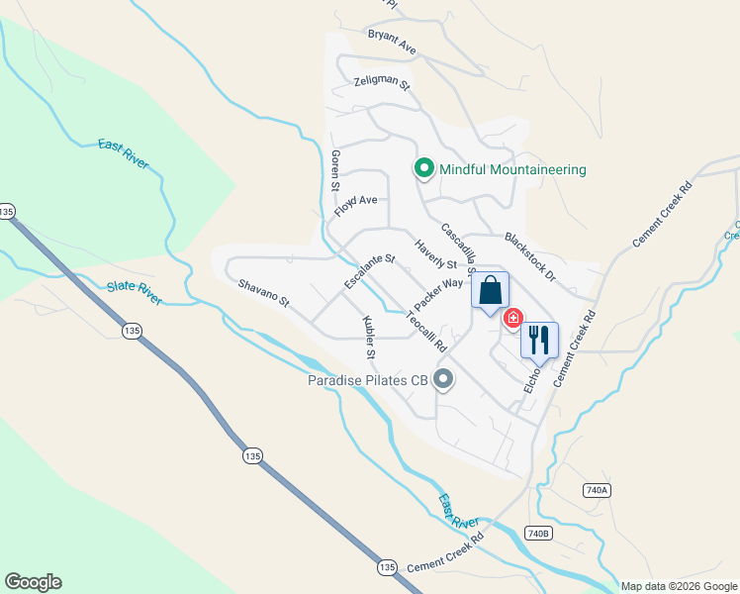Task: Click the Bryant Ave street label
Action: tap(392, 41)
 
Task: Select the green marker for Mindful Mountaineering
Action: tap(424, 169)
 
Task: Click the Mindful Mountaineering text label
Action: tap(512, 169)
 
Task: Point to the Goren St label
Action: tap(335, 171)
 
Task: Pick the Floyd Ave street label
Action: tap(356, 206)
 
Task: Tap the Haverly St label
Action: tap(435, 256)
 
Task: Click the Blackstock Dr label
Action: tap(531, 253)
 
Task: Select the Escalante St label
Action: tap(370, 272)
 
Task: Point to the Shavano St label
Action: tap(263, 292)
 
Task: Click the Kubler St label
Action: tap(369, 337)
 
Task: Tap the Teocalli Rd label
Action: tap(427, 332)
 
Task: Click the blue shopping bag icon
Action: tap(490, 291)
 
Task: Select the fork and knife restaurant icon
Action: tap(539, 340)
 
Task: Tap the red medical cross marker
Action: tap(512, 318)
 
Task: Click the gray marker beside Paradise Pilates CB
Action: tap(443, 379)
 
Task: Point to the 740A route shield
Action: tap(597, 490)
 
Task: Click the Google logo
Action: tap(33, 582)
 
